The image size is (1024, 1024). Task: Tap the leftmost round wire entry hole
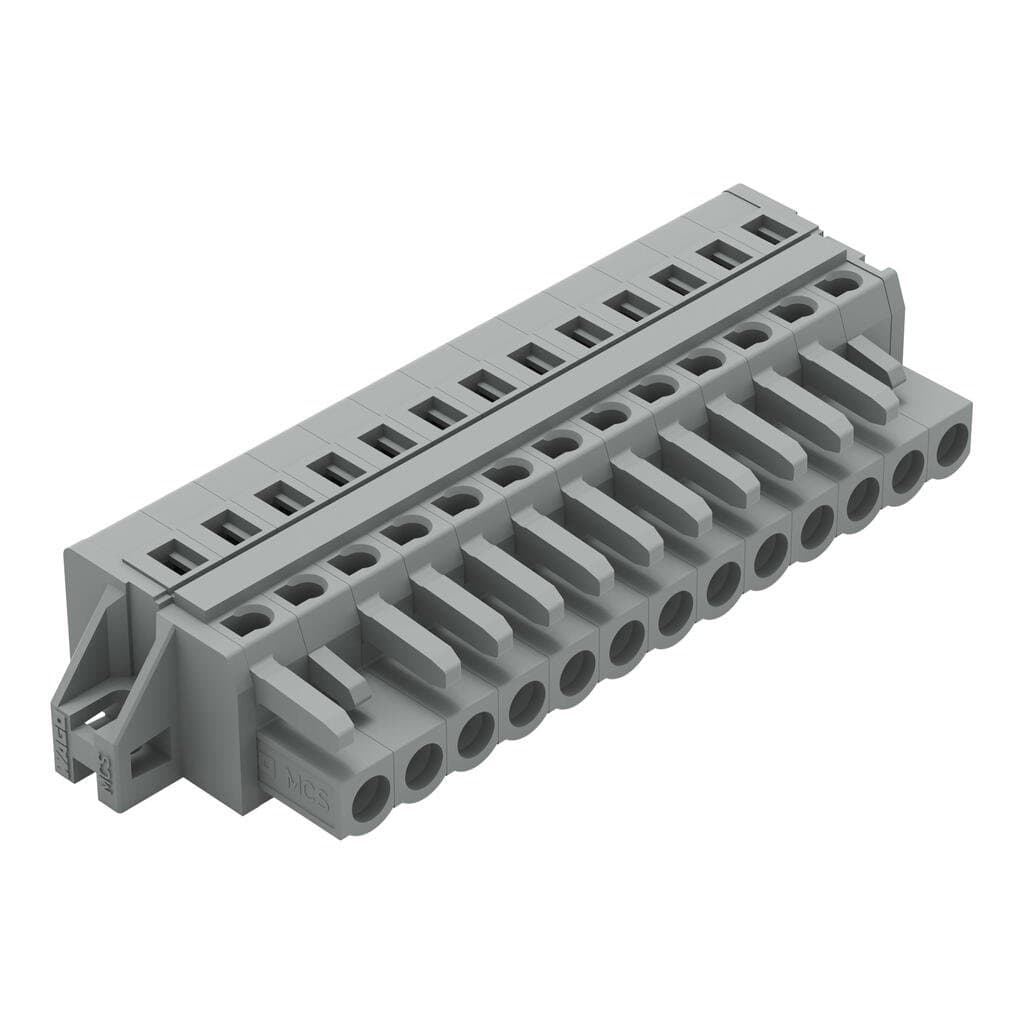(371, 799)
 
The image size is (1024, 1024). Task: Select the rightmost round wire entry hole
(952, 443)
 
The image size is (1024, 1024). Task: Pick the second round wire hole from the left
(423, 767)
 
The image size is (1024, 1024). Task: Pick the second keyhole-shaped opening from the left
(301, 592)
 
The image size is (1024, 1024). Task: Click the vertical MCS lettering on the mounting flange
(104, 769)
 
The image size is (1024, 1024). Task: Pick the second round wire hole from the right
(907, 470)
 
